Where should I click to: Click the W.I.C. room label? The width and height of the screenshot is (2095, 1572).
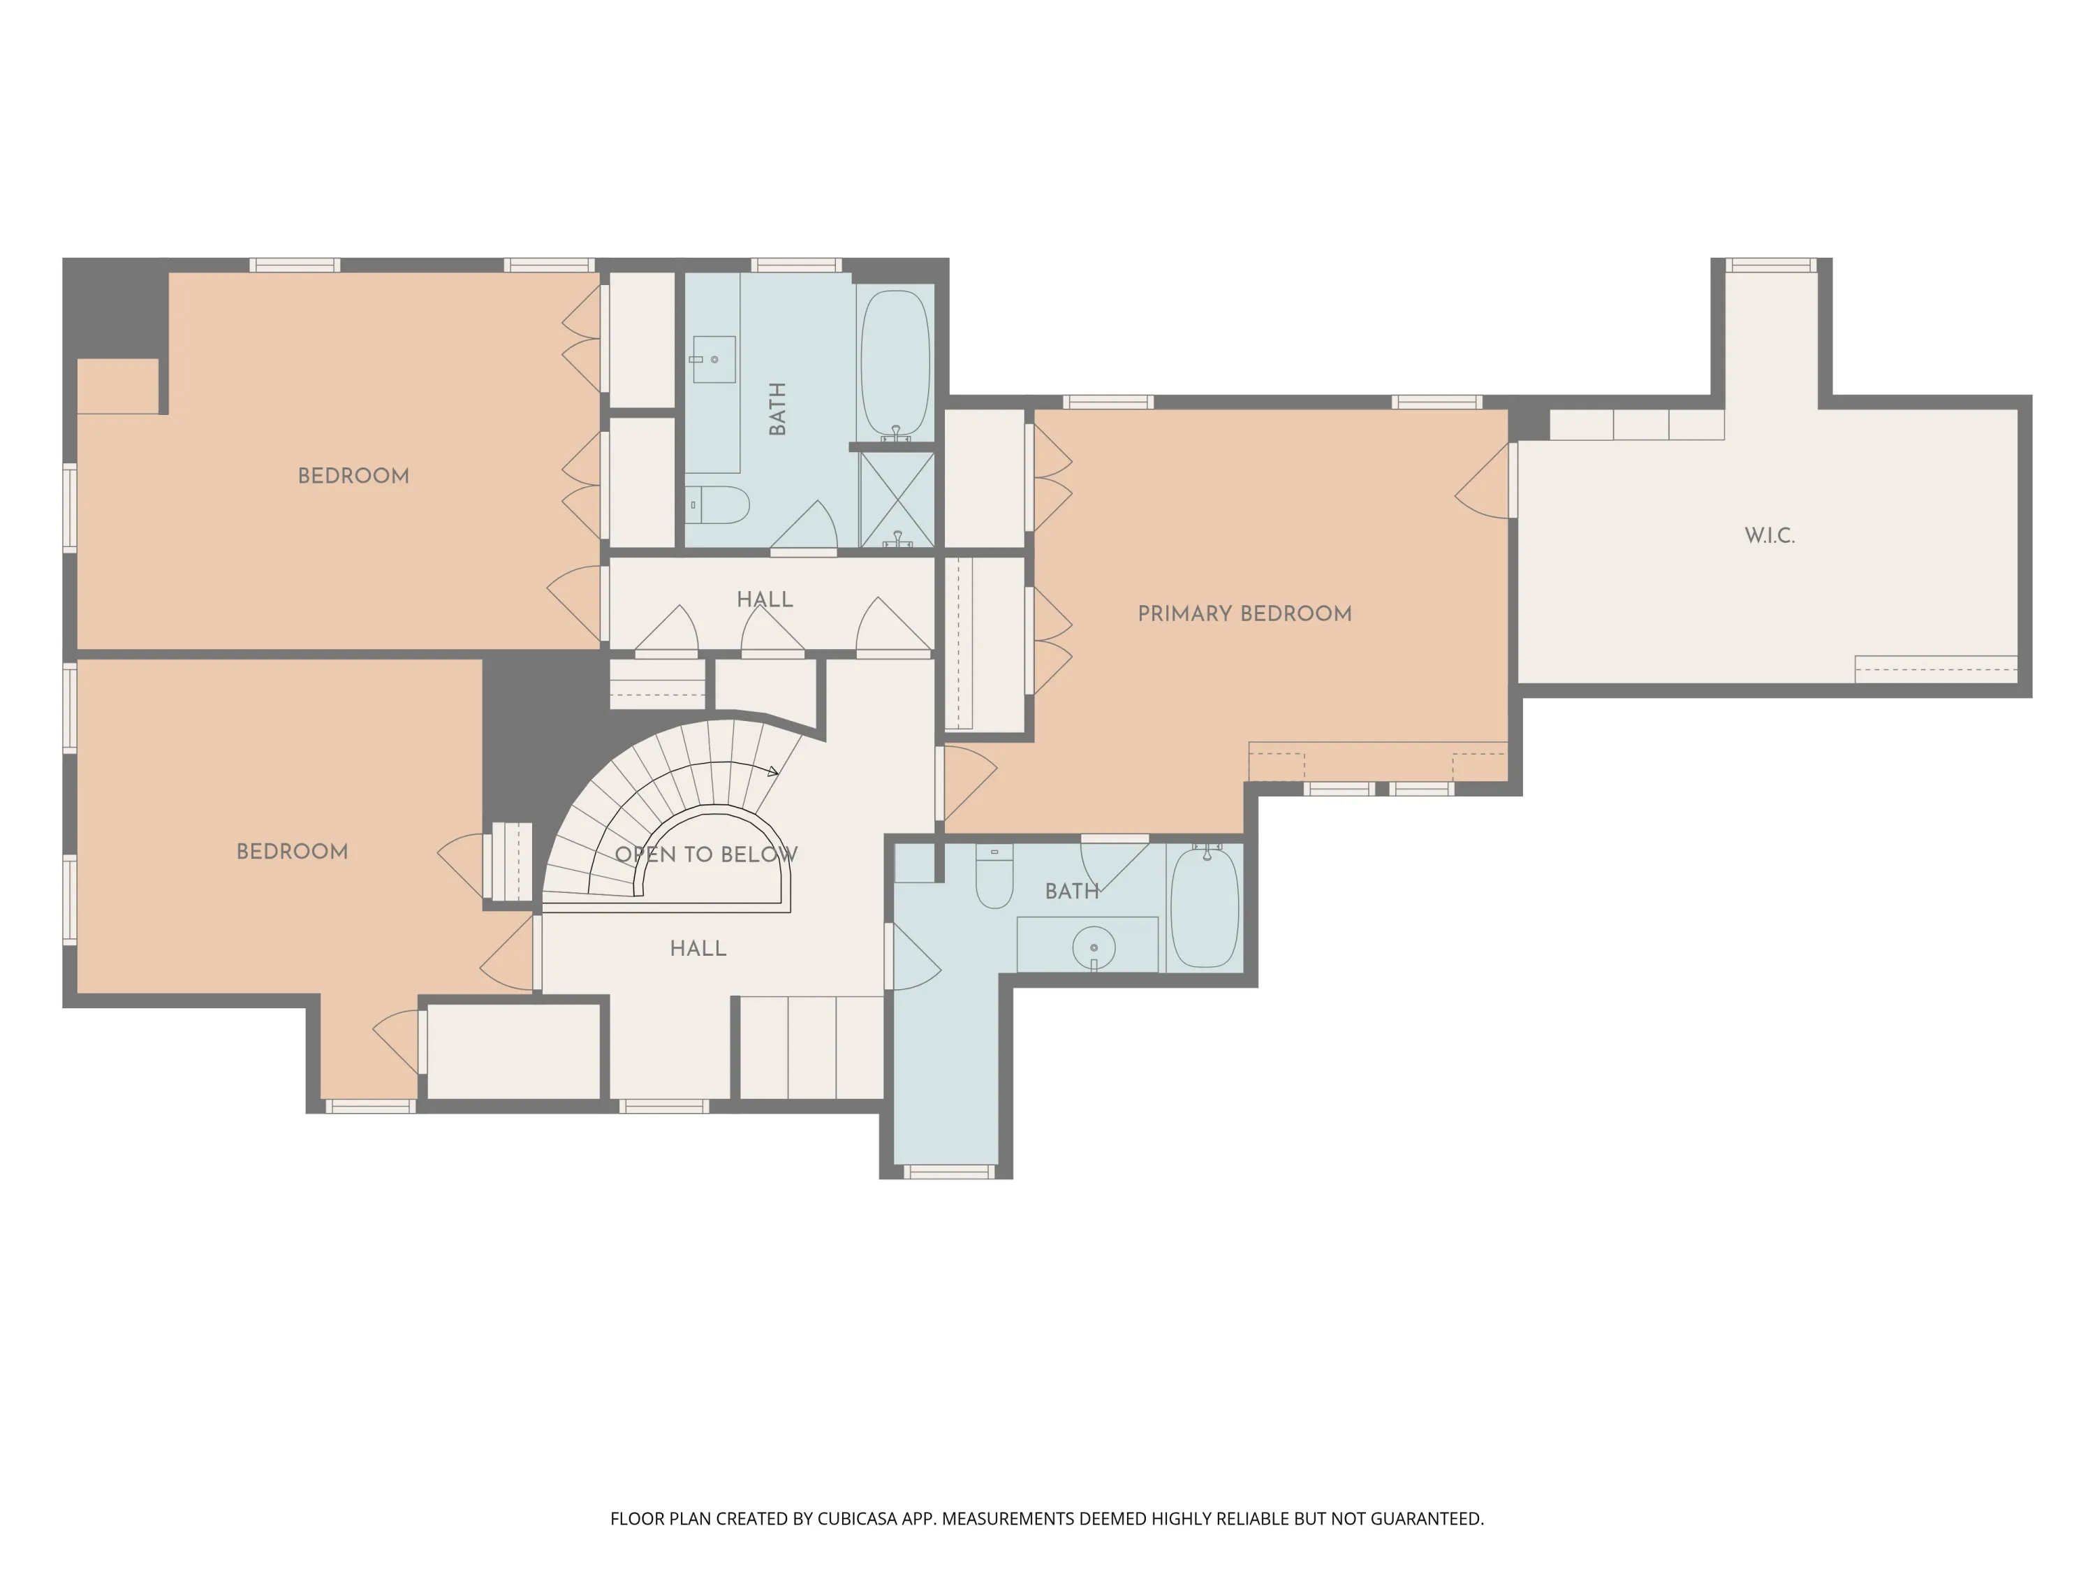tap(1769, 535)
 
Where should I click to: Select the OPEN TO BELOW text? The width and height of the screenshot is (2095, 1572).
tap(705, 854)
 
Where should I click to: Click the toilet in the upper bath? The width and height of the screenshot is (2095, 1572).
tap(718, 505)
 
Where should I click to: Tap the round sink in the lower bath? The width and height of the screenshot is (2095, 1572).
tap(1094, 947)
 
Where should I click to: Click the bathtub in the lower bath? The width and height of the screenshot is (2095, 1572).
tap(1205, 907)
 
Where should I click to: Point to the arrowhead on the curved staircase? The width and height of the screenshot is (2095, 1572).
tap(773, 771)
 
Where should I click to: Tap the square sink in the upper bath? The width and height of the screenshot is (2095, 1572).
tap(714, 359)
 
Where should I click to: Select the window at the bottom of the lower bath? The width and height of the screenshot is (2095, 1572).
tap(948, 1172)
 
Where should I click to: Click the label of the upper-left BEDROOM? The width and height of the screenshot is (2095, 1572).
tap(353, 476)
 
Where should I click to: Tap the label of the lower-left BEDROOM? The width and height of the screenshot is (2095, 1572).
tap(292, 851)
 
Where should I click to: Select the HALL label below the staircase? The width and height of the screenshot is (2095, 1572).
tap(698, 949)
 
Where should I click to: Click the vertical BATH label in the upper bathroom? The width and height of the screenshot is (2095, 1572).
tap(777, 409)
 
